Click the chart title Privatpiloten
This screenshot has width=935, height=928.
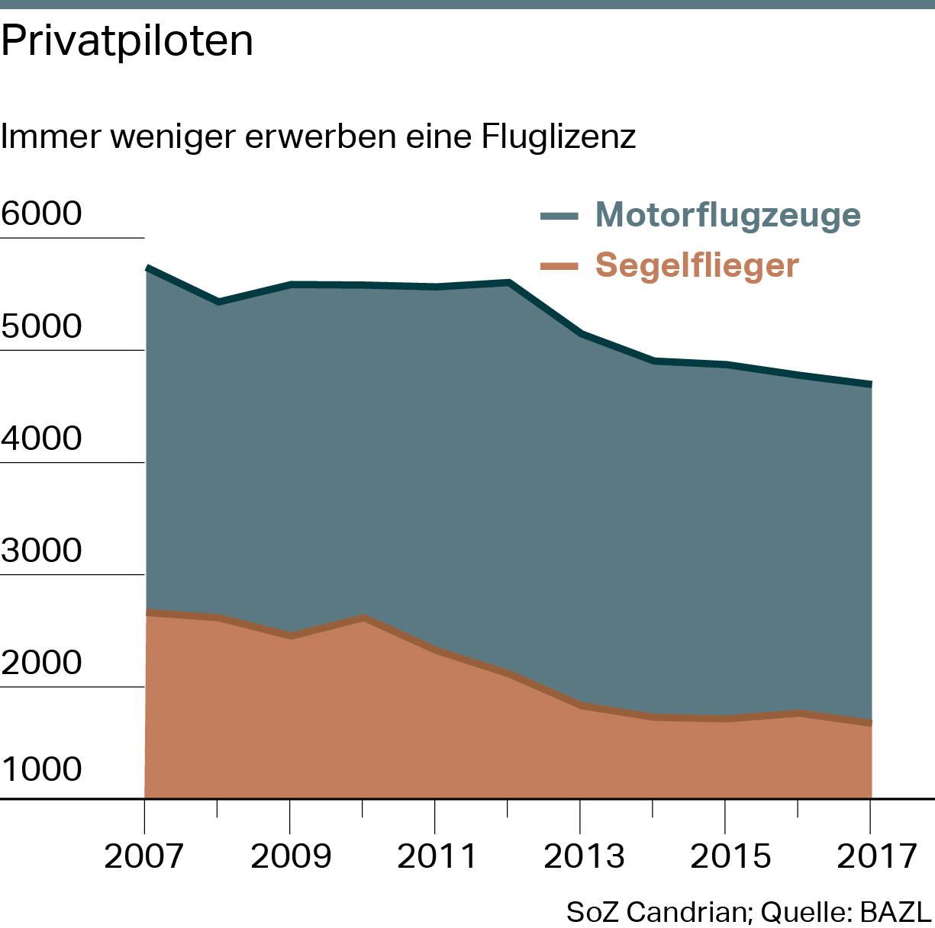click(127, 41)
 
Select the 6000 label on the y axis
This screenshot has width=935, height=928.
click(41, 214)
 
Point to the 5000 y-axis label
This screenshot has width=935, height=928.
click(41, 326)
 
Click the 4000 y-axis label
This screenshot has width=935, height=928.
click(41, 439)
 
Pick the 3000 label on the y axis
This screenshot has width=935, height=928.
click(41, 551)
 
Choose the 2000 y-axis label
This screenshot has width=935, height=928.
click(41, 663)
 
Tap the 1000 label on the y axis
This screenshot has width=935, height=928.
click(41, 769)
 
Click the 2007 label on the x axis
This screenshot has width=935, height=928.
click(144, 856)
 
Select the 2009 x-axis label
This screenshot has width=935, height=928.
click(291, 856)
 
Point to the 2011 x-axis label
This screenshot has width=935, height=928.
click(436, 856)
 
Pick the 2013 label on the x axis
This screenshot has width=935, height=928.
click(583, 856)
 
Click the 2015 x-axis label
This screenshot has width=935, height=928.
click(730, 856)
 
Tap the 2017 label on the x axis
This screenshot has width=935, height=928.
click(876, 856)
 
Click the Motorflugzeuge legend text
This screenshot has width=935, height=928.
click(728, 215)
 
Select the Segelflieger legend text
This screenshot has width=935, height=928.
click(697, 265)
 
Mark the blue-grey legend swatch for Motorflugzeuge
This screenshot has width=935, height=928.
click(559, 216)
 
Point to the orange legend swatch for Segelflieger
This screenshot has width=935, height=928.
click(559, 266)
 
